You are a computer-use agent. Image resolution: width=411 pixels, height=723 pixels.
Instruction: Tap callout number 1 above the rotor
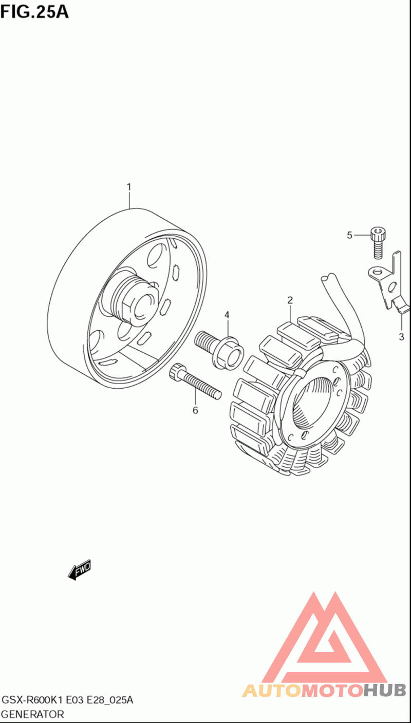point(129,187)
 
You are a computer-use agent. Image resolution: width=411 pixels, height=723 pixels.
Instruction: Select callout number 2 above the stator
point(290,300)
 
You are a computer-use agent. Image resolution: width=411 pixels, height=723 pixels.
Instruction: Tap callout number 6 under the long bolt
point(195,410)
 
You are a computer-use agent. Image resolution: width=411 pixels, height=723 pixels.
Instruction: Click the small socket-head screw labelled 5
point(379,243)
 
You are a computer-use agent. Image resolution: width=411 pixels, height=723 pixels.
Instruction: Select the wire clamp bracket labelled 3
point(390,284)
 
